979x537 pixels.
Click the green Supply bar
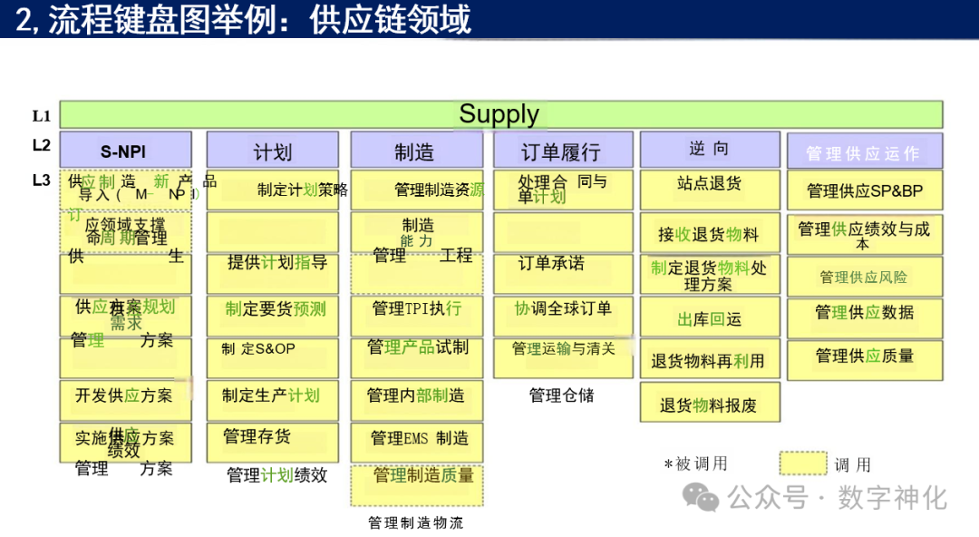[500, 114]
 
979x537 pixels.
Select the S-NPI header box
[125, 151]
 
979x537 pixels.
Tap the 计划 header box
[272, 151]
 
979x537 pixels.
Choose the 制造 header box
[416, 151]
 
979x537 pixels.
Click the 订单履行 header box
[559, 151]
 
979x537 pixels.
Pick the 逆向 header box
[709, 150]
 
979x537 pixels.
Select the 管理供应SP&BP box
[864, 190]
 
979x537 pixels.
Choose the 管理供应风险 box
[864, 276]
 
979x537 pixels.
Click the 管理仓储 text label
[561, 395]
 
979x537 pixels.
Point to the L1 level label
[42, 115]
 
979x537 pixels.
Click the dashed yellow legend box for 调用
[802, 464]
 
